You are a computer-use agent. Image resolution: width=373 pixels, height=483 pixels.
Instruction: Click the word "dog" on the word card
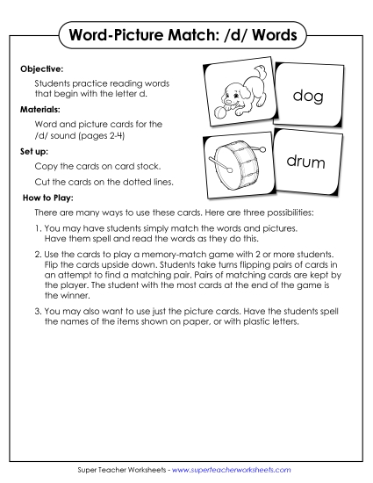coord(308,96)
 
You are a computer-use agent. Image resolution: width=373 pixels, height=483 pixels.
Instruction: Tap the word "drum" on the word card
coord(306,162)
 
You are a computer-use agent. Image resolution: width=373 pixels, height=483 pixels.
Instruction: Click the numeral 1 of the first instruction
coord(36,227)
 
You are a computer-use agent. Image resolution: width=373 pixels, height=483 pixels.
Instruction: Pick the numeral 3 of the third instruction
coord(36,311)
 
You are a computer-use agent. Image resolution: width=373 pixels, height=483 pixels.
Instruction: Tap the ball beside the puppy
coord(218,112)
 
